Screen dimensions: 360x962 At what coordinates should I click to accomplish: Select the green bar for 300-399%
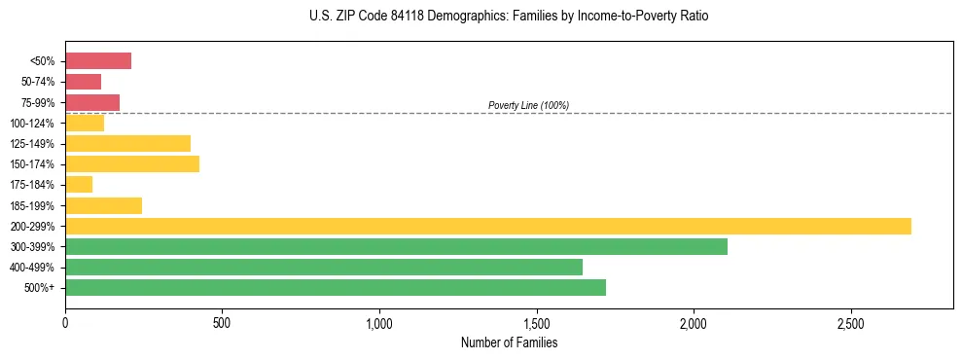(x=396, y=246)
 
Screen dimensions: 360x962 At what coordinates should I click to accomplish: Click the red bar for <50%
(x=98, y=61)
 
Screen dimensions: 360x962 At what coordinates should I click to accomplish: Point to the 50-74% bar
(x=83, y=82)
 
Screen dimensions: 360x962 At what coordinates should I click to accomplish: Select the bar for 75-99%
(x=92, y=102)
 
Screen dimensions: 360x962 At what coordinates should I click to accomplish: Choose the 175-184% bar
(x=79, y=184)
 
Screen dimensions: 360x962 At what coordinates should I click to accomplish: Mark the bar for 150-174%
(x=132, y=163)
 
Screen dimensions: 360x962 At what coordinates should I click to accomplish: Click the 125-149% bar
(x=127, y=143)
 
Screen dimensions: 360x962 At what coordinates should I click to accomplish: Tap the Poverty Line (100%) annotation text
(x=528, y=105)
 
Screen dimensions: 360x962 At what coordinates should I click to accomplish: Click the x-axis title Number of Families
(x=510, y=342)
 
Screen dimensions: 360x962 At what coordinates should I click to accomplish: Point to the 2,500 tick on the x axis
(x=850, y=322)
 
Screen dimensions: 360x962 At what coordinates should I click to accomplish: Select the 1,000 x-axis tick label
(x=379, y=322)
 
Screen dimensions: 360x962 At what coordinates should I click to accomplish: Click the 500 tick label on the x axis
(x=222, y=322)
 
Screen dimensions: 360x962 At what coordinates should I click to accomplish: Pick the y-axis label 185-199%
(x=32, y=205)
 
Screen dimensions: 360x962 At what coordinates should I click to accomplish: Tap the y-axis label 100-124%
(x=32, y=124)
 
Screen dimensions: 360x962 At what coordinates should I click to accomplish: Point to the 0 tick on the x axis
(x=65, y=322)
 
